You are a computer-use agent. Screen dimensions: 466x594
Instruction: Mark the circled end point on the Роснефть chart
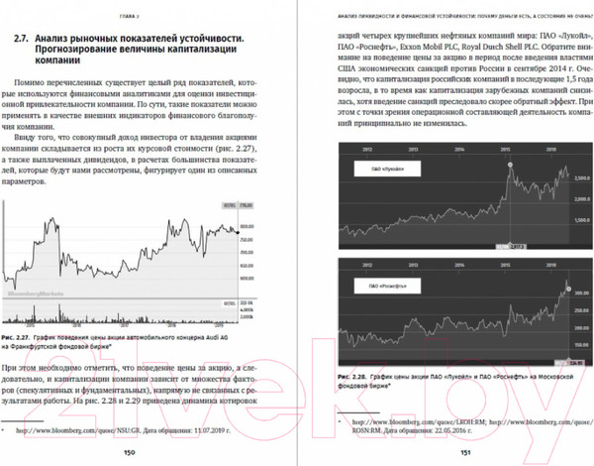tap(568, 287)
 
